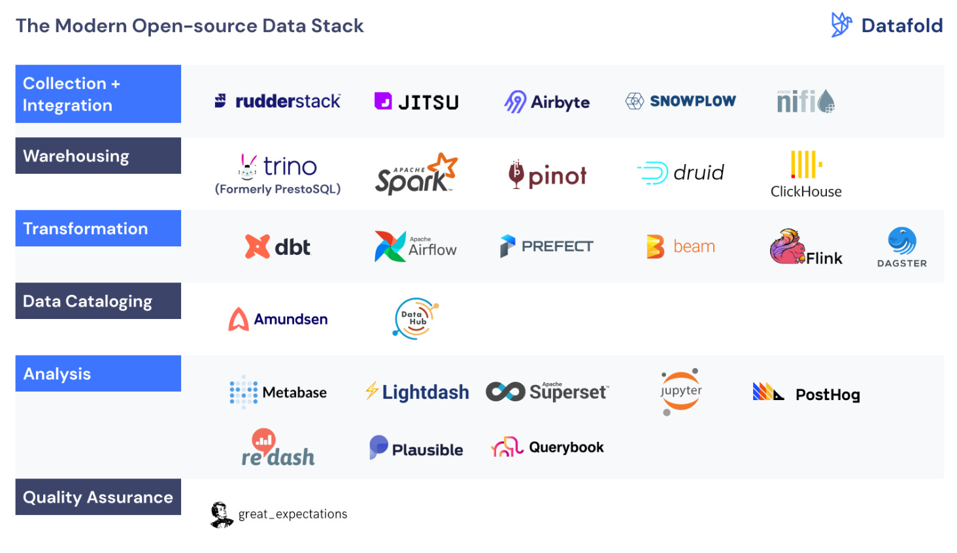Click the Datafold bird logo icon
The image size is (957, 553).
841,25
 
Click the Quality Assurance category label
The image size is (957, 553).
98,497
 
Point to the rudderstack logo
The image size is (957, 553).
278,101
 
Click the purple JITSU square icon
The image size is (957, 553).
383,101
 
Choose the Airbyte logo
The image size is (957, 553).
546,102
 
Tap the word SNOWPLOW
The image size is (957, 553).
693,101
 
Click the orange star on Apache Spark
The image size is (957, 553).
446,165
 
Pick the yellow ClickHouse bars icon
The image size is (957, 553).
805,165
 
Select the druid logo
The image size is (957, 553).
680,173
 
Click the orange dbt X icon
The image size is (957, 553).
257,246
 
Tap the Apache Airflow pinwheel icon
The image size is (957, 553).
390,246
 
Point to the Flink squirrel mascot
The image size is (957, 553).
786,247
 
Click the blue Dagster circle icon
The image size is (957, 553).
902,241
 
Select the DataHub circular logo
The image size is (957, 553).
416,318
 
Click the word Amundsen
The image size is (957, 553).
291,319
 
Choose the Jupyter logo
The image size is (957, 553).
680,392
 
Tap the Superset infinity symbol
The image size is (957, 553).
505,392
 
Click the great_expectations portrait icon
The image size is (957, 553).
222,514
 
